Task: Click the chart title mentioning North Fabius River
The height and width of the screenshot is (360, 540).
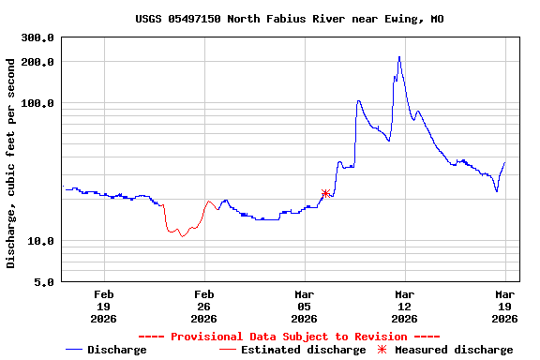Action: coord(289,19)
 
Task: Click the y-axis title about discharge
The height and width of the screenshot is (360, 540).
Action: coord(11,163)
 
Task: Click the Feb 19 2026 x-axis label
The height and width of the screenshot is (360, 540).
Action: coord(103,306)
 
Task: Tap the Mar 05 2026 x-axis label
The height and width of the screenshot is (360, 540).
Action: coord(304,306)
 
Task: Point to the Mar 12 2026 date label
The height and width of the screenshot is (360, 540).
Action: coord(404,306)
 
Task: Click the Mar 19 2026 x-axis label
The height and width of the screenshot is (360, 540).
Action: coord(505,306)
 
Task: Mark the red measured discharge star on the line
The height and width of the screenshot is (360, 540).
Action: coord(325,194)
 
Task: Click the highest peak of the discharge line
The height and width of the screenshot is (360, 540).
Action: coord(398,57)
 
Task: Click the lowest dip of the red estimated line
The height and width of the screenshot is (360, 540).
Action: coord(183,236)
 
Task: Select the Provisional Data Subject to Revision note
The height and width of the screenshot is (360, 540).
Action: coord(289,337)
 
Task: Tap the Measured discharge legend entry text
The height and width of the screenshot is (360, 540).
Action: coord(454,350)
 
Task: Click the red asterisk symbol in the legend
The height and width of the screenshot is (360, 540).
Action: coord(381,350)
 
